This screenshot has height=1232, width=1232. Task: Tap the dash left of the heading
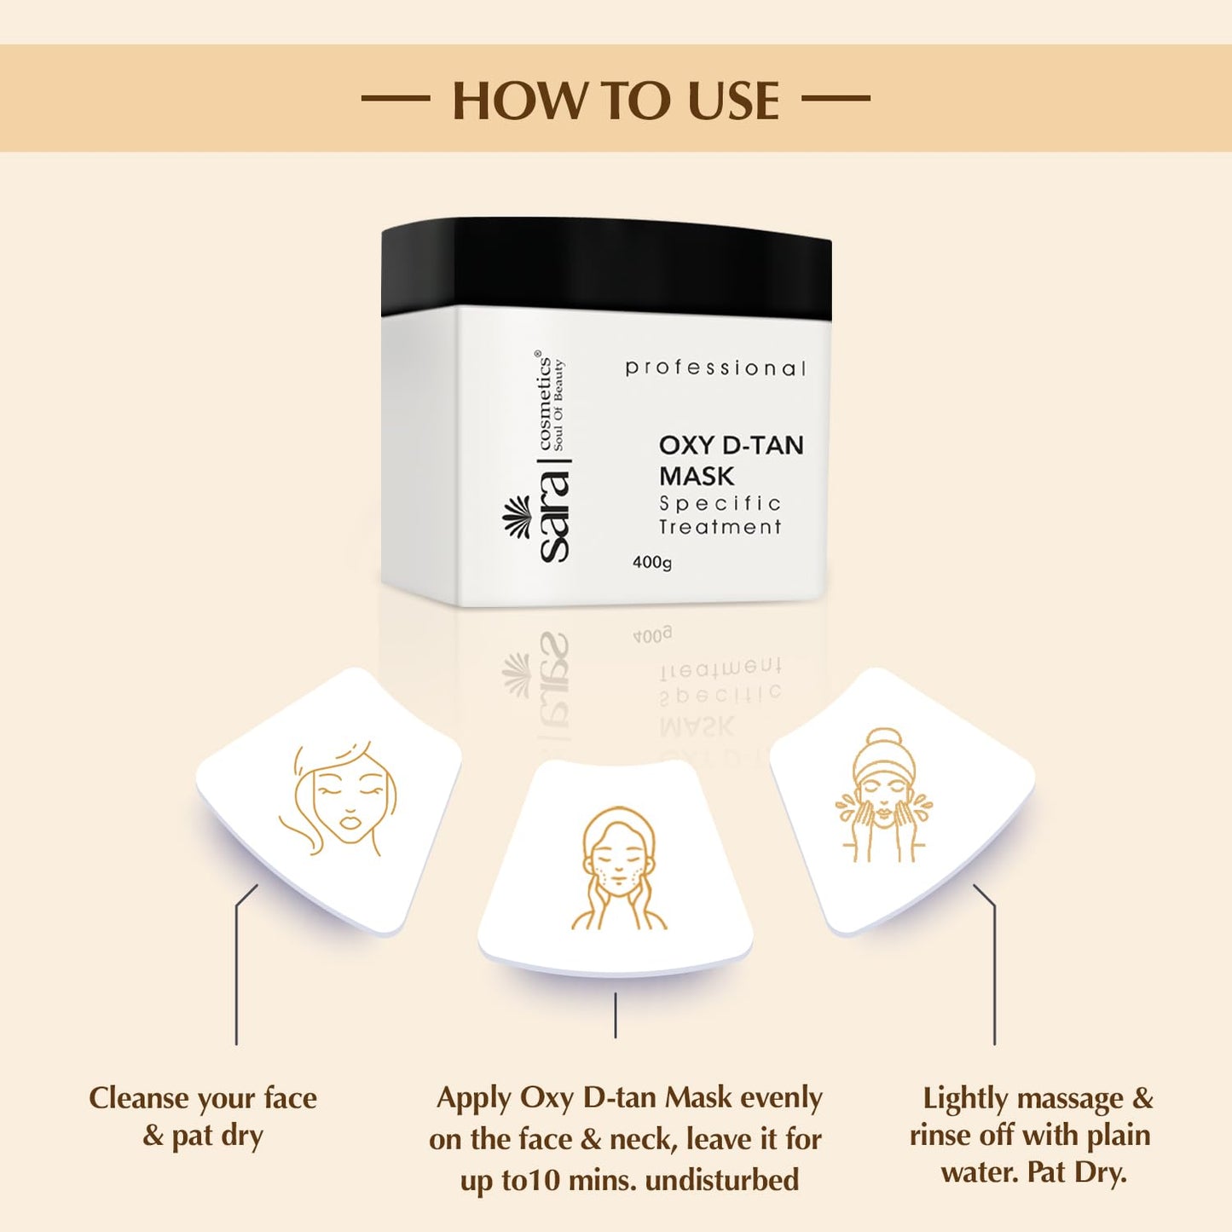396,98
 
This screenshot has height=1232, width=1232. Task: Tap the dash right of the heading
836,98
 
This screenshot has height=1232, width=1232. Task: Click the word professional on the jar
715,368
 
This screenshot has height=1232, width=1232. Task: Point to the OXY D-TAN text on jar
731,445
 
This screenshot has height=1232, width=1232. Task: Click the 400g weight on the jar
652,563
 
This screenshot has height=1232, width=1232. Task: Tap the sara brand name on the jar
553,517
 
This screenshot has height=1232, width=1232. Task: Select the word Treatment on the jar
720,528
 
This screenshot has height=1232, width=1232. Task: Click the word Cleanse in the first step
139,1098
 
